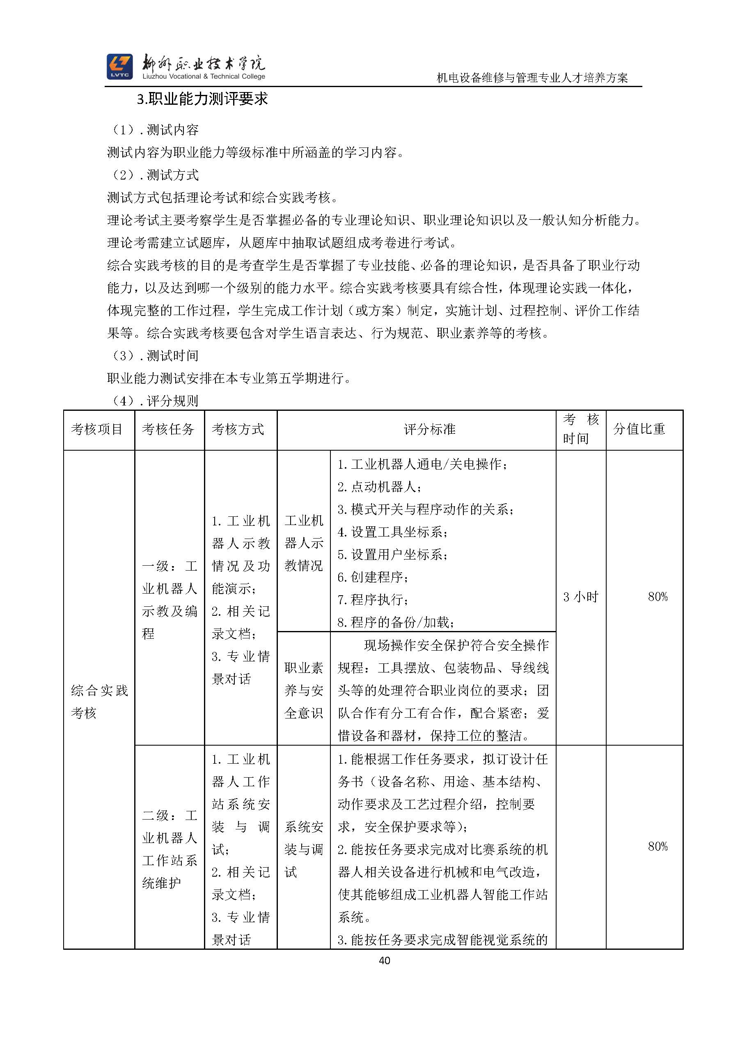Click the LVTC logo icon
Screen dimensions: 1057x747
(x=119, y=66)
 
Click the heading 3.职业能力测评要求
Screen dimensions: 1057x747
(x=202, y=99)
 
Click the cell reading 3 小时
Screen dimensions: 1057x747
(x=580, y=597)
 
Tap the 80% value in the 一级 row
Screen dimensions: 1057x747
(x=657, y=597)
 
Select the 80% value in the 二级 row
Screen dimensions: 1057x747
(x=657, y=846)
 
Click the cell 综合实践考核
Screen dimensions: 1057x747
(x=99, y=702)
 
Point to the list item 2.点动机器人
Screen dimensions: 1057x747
(x=380, y=487)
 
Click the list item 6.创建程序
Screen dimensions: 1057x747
(x=373, y=577)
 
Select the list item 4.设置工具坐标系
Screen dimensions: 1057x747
(x=393, y=532)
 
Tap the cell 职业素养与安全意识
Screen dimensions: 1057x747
(x=304, y=690)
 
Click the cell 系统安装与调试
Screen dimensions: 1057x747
(x=304, y=850)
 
